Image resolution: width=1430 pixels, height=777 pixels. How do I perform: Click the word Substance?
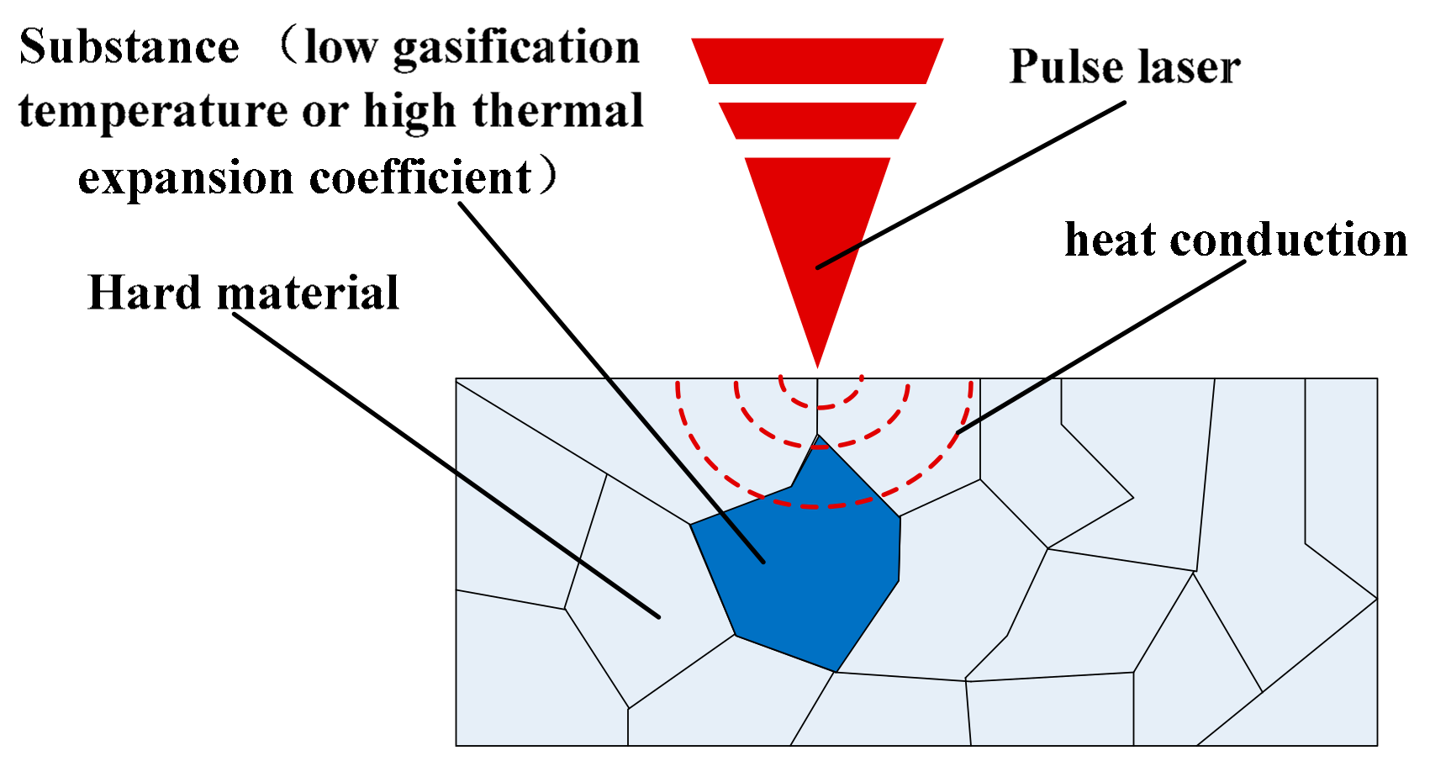(129, 47)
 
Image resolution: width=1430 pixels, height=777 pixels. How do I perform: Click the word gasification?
(516, 49)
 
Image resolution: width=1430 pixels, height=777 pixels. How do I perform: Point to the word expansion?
(186, 178)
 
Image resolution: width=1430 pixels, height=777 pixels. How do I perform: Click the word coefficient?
(420, 178)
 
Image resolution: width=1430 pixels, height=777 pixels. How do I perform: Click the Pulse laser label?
(1124, 67)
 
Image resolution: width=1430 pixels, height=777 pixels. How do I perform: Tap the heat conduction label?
(1235, 240)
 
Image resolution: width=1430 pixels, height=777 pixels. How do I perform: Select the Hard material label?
(243, 293)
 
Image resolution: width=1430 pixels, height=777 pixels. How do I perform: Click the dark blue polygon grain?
(807, 572)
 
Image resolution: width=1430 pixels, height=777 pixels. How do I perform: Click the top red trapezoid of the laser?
(817, 61)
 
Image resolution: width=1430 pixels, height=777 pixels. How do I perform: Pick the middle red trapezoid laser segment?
(817, 120)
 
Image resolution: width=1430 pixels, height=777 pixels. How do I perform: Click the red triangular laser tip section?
(817, 235)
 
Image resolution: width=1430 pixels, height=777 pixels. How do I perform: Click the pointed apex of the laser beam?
(817, 364)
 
